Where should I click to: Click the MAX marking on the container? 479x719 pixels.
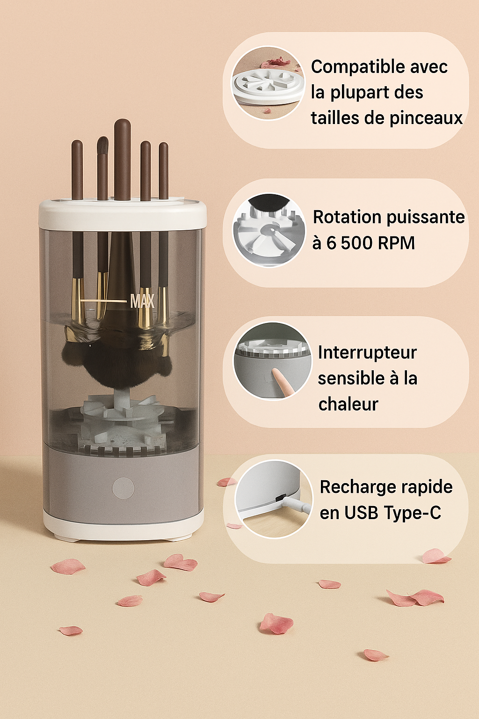(142, 301)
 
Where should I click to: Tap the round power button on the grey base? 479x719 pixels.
(123, 488)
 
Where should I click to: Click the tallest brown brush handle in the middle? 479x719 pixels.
(123, 160)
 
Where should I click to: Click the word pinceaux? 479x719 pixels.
(426, 118)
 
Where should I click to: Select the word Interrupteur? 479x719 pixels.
(367, 352)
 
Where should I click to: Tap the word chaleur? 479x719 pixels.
(348, 404)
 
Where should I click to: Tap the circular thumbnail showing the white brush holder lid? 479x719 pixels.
(268, 83)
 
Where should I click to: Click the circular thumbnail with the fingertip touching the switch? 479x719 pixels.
(272, 361)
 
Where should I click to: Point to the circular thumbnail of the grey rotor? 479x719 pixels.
(269, 230)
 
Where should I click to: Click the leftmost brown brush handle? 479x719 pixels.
(77, 170)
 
